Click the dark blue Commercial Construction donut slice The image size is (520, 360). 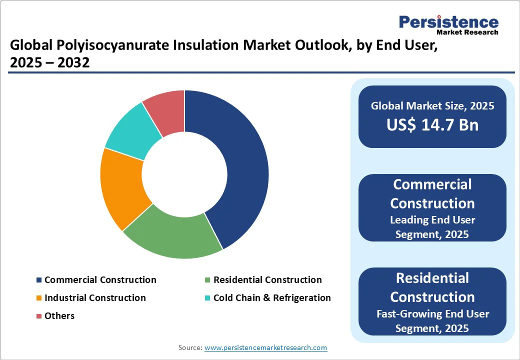tap(235, 165)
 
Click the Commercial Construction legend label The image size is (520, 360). tap(100, 280)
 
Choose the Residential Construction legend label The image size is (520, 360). tap(267, 280)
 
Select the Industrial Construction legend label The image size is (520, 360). tap(95, 298)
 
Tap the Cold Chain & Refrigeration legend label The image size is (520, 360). tap(272, 298)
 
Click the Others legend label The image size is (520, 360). tap(59, 316)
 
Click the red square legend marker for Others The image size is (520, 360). tap(39, 316)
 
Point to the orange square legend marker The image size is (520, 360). tap(39, 298)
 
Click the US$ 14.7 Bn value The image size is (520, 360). tap(432, 125)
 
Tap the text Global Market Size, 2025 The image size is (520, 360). tap(432, 106)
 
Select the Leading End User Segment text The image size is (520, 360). tap(432, 226)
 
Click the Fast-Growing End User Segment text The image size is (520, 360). tap(432, 320)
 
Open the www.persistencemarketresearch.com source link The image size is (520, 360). tap(265, 347)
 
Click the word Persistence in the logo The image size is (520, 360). tap(448, 22)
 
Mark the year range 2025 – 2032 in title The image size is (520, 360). tap(49, 63)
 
